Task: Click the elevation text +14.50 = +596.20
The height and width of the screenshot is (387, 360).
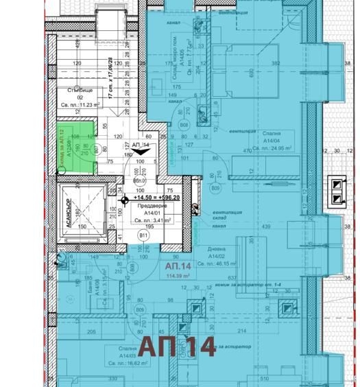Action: [x=152, y=197]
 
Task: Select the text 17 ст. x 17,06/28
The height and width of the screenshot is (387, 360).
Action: [x=128, y=80]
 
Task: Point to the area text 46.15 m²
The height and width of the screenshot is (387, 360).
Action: [x=219, y=263]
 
